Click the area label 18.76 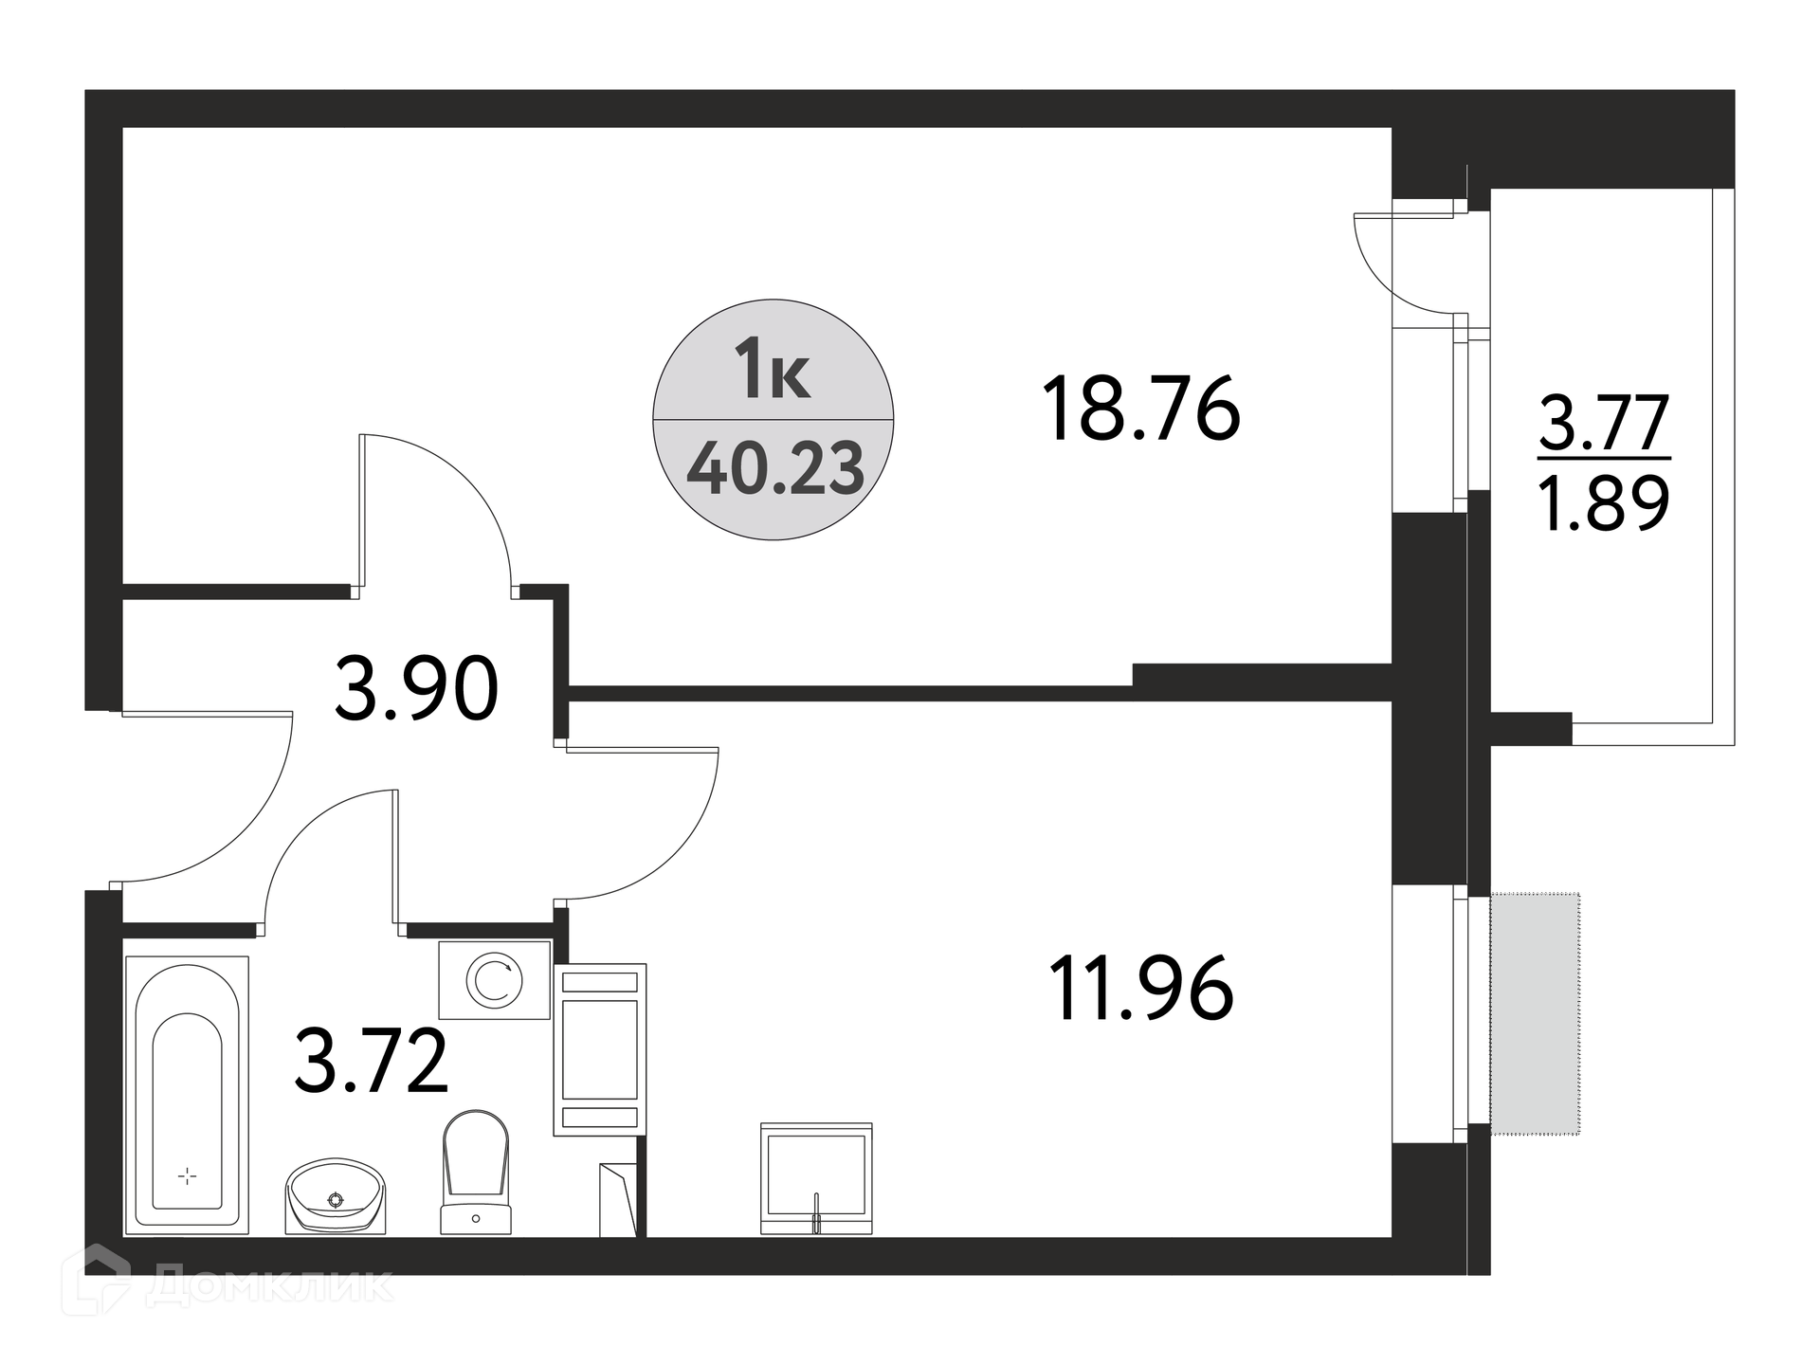click(1141, 409)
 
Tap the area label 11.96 click(1141, 988)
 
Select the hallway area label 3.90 click(416, 689)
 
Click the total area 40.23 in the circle click(775, 469)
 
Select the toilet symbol click(476, 1173)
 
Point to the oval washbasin click(337, 1196)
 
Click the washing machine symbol click(494, 980)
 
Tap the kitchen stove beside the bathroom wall click(600, 1049)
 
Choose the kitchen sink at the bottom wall click(816, 1179)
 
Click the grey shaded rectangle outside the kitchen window click(1536, 1013)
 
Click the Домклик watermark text click(269, 1285)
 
